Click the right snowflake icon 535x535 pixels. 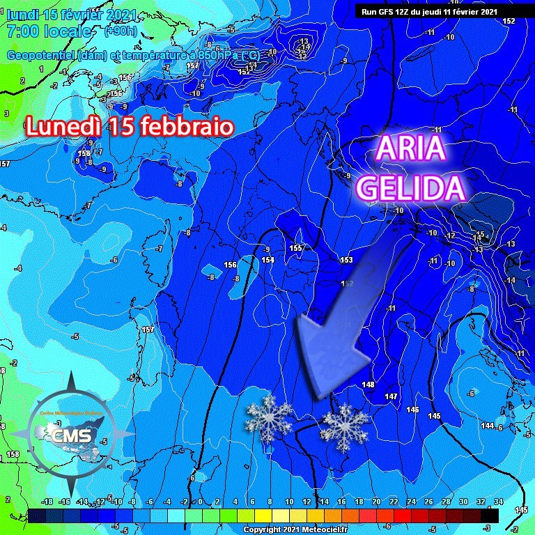[x=344, y=428]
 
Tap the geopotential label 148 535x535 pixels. [x=369, y=385]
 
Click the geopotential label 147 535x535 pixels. [x=391, y=396]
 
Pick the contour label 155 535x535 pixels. [x=295, y=248]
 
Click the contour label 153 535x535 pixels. [x=346, y=260]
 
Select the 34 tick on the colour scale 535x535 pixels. [x=498, y=502]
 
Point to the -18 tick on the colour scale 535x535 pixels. [x=47, y=502]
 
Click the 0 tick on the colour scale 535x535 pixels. [x=200, y=502]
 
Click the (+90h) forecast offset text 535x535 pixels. [x=120, y=31]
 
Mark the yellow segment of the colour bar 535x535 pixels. [x=261, y=516]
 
